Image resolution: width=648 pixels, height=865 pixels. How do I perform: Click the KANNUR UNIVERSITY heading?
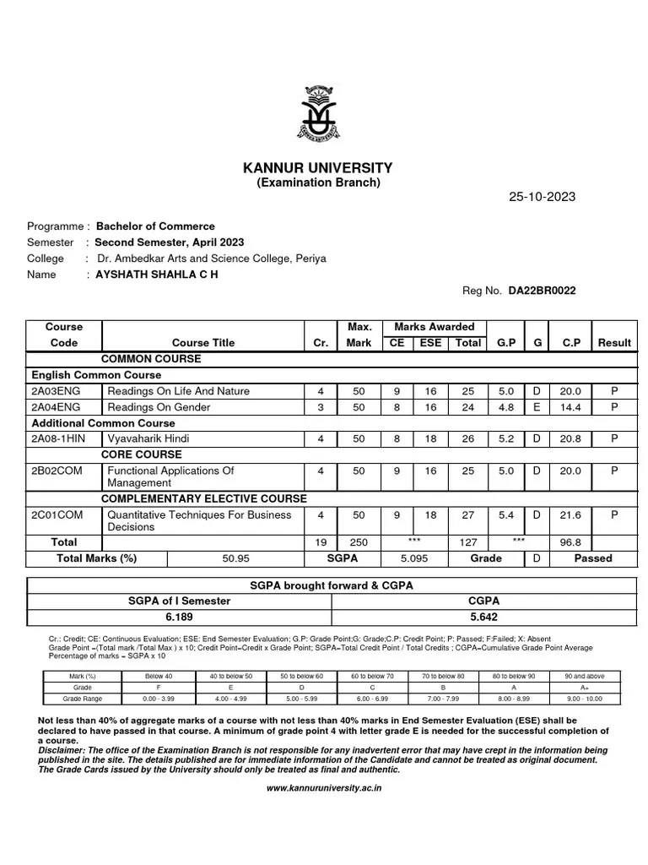318,168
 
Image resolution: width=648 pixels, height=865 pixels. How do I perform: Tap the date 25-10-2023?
542,197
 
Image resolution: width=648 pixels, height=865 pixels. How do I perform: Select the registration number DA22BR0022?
542,291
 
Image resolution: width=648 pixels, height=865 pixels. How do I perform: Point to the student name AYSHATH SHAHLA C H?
156,275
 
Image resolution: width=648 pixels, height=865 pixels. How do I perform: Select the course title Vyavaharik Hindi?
148,439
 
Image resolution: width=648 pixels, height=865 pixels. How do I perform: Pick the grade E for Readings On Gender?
537,407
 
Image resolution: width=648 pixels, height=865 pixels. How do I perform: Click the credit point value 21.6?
570,514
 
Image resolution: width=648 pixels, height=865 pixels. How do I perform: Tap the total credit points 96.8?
570,542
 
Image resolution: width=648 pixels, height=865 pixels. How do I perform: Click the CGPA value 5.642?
477,616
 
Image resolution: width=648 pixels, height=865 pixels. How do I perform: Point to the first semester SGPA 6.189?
179,616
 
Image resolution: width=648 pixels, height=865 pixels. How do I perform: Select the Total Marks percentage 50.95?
234,558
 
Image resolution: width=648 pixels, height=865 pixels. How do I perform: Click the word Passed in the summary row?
593,558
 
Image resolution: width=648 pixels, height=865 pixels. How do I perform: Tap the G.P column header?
506,343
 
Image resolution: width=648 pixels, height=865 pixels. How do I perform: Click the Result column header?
614,343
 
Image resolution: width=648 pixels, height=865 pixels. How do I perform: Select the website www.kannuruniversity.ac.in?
324,787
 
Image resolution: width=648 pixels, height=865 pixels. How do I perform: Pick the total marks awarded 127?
468,542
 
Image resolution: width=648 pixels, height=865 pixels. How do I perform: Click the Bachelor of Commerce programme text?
155,226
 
